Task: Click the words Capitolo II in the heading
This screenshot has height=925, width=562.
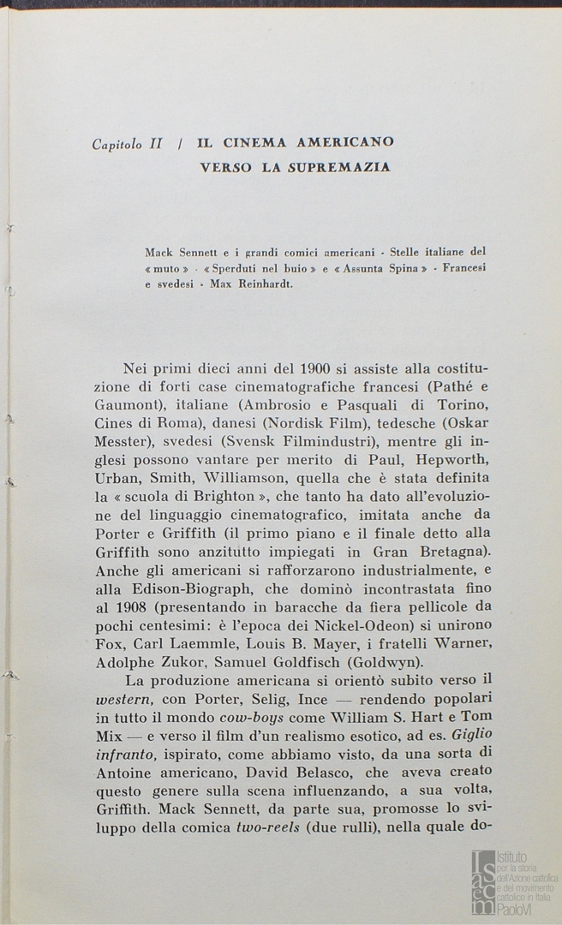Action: tap(127, 144)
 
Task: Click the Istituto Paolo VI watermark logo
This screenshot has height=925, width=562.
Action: tap(515, 883)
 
